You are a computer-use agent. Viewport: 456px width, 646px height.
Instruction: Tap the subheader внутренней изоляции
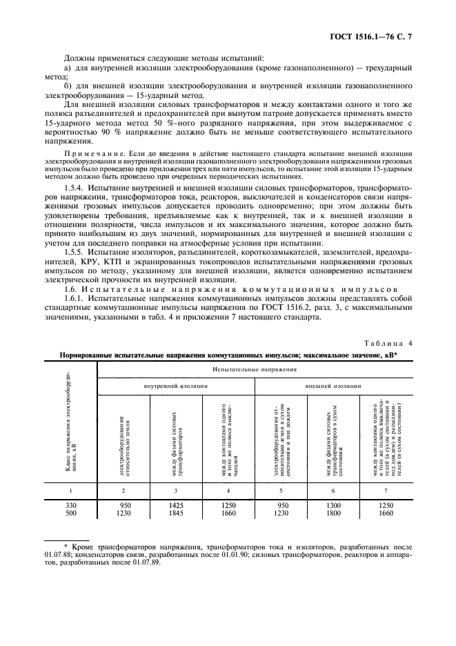[176, 386]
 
